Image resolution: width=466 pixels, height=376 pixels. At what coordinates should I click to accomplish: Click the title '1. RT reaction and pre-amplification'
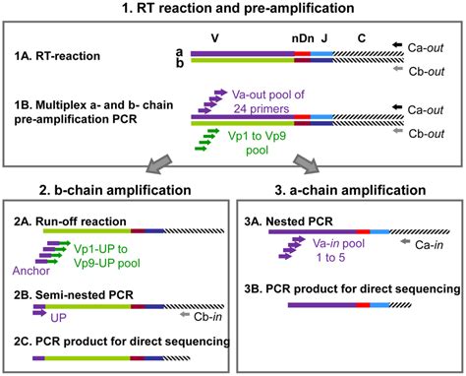[x=233, y=9]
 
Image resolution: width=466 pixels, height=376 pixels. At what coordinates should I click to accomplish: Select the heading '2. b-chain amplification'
[x=115, y=193]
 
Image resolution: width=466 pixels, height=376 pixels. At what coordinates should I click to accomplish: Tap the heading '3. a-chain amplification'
[x=349, y=193]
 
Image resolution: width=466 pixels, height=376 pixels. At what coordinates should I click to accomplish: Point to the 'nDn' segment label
[x=303, y=37]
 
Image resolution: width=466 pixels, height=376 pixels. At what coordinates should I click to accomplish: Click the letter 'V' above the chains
[x=243, y=37]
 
